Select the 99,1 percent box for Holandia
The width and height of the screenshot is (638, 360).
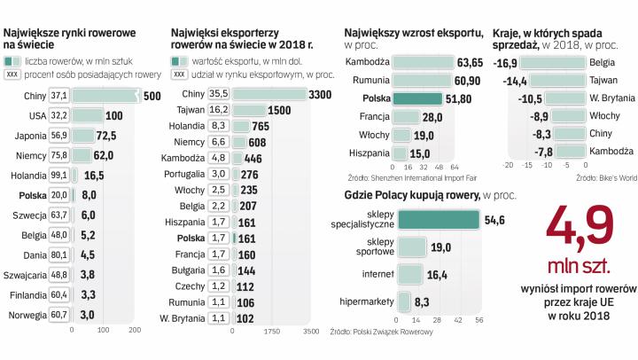[x=59, y=176]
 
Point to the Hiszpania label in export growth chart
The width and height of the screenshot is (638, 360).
[x=369, y=153]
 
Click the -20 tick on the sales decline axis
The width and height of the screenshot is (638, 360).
[x=508, y=164]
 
